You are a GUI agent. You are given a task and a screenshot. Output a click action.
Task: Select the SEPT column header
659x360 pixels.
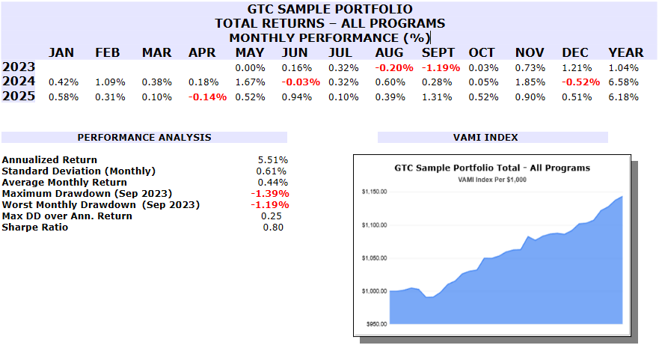coord(438,52)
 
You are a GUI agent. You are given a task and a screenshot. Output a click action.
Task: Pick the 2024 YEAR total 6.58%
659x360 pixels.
coord(623,82)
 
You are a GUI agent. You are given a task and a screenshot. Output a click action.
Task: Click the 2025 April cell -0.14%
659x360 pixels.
coord(207,97)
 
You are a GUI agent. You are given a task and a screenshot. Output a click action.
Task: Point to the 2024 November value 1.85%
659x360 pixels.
coord(530,82)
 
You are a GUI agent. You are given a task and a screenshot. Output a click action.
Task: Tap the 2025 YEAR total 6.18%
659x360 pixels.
coord(623,97)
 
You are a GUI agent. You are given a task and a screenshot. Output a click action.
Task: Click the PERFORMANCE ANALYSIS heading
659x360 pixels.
coord(144,138)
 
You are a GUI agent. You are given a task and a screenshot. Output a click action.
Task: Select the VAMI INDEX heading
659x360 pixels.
coord(493,138)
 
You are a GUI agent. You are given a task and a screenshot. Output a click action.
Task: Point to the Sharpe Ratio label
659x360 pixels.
coord(35,228)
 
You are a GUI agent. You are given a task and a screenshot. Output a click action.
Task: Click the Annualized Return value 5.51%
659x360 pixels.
coord(273,160)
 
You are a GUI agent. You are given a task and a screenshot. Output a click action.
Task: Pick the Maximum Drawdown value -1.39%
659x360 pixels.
coord(271,194)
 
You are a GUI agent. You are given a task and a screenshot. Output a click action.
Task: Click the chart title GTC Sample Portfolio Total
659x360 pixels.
coord(491,168)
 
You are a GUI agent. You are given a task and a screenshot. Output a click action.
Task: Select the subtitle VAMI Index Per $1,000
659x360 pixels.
coord(492,180)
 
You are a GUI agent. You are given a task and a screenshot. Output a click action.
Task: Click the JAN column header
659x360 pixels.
coord(61,52)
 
